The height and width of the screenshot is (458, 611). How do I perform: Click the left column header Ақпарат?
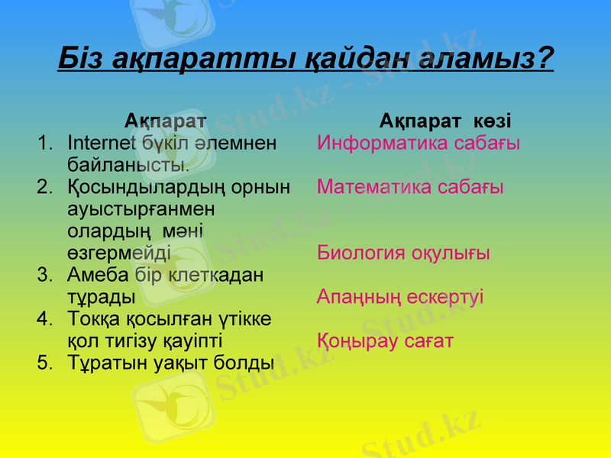(x=165, y=121)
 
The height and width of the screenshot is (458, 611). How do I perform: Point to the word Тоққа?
(x=95, y=318)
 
